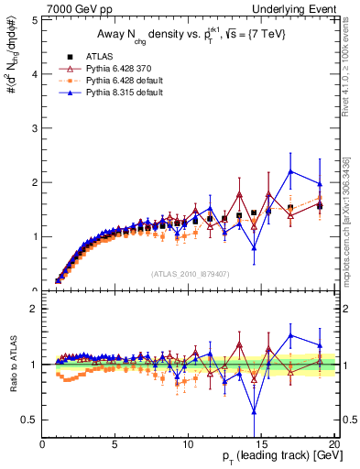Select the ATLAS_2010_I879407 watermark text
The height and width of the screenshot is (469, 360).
point(190,274)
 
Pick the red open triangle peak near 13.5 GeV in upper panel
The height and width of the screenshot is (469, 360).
point(239,194)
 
